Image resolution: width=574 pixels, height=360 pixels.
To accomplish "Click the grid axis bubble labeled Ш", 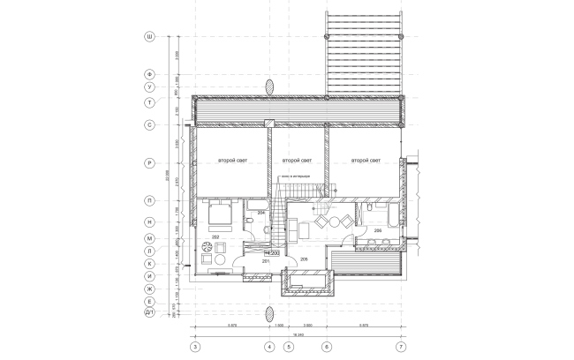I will [x=150, y=37].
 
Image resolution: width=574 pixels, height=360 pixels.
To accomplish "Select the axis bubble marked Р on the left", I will [x=150, y=163].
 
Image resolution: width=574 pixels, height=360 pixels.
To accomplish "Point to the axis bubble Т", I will [x=150, y=102].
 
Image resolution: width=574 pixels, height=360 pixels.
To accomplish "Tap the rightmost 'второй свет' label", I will [x=364, y=161].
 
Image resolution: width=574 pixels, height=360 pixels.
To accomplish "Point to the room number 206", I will [x=377, y=230].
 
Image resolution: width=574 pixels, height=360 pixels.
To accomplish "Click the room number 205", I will [x=304, y=259].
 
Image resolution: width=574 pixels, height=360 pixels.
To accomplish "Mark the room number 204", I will [x=261, y=214].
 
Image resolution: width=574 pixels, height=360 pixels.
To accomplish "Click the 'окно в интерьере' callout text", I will [x=294, y=176].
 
